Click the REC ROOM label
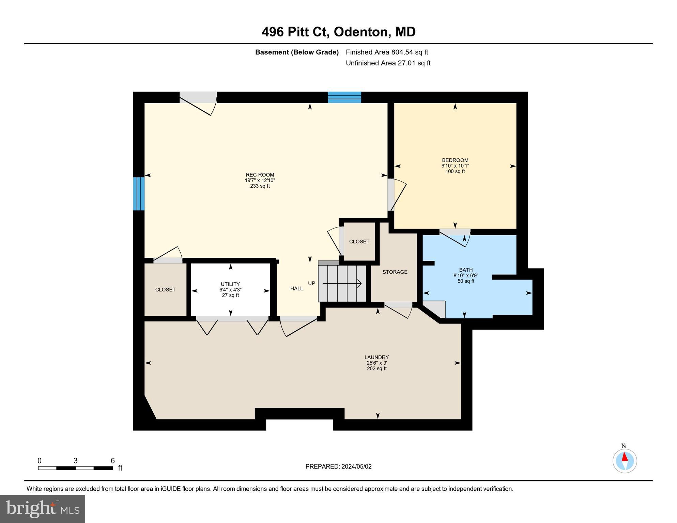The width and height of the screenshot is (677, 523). pyautogui.click(x=260, y=175)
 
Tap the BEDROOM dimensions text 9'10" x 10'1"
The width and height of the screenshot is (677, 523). pyautogui.click(x=455, y=166)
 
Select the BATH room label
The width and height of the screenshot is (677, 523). pyautogui.click(x=465, y=270)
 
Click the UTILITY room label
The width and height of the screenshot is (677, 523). pyautogui.click(x=230, y=284)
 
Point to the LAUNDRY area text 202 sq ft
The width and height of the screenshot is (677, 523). pyautogui.click(x=376, y=368)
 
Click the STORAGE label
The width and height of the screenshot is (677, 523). pyautogui.click(x=395, y=272)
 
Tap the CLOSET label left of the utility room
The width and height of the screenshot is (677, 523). pyautogui.click(x=165, y=289)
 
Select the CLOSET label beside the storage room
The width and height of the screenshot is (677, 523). pyautogui.click(x=359, y=241)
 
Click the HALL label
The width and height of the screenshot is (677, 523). pyautogui.click(x=296, y=288)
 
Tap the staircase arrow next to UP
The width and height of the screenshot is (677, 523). pyautogui.click(x=342, y=283)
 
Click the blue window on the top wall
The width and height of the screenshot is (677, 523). pyautogui.click(x=344, y=97)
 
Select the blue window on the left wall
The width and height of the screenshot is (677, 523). pyautogui.click(x=139, y=194)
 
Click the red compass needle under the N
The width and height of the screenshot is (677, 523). pyautogui.click(x=625, y=457)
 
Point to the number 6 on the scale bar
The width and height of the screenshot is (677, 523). pyautogui.click(x=112, y=461)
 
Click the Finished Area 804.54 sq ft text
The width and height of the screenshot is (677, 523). pyautogui.click(x=387, y=52)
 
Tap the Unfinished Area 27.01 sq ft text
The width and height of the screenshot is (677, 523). pyautogui.click(x=388, y=63)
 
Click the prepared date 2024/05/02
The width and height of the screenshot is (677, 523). pyautogui.click(x=355, y=466)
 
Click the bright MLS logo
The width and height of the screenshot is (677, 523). pyautogui.click(x=43, y=509)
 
